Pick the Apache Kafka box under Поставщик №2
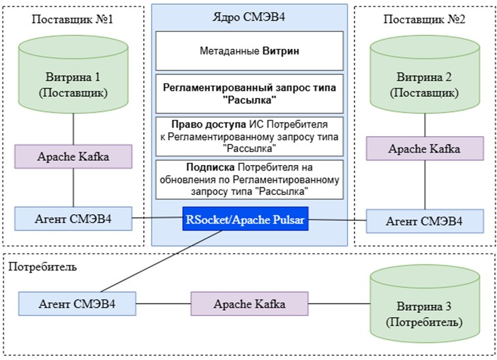pos(425,148)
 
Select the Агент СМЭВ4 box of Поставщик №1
pos(73,218)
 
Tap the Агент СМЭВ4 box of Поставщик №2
pos(425,221)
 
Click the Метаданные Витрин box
pos(249,50)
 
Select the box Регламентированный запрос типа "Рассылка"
pos(249,94)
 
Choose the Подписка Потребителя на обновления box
pos(249,179)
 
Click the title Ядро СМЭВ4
pos(249,16)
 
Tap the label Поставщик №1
pos(72,19)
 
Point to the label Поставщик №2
pos(424,19)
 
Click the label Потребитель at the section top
pos(42,266)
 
